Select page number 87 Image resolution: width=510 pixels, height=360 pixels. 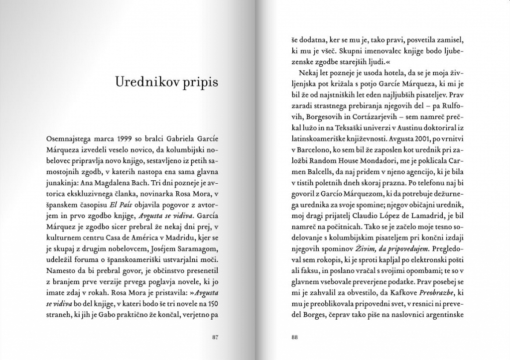[216, 337]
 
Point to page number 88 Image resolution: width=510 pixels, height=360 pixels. [294, 337]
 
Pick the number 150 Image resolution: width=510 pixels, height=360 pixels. [212, 304]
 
